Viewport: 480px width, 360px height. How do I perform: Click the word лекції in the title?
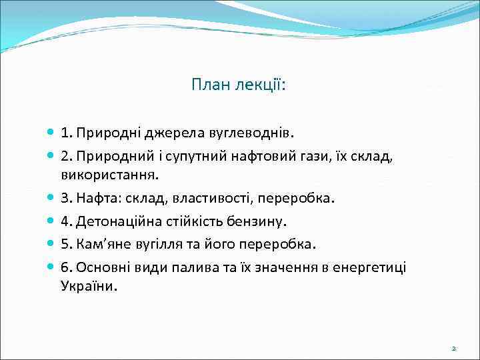(254, 85)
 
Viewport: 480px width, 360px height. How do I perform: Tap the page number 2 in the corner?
(453, 348)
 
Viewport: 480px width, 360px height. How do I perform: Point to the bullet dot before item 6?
(51, 267)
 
